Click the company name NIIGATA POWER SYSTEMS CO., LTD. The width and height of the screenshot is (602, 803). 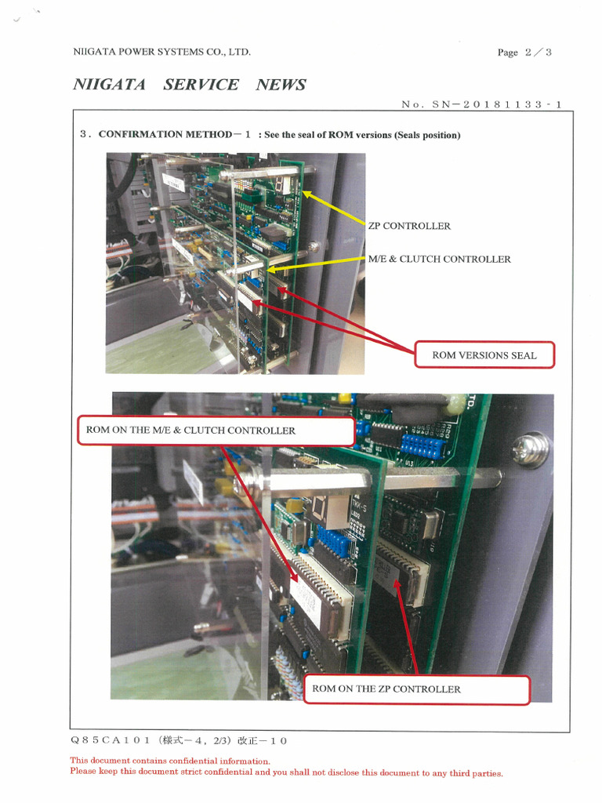[161, 52]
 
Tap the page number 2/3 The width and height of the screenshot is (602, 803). [539, 53]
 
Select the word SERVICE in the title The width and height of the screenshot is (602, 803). [201, 85]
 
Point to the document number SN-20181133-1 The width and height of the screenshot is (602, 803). [496, 104]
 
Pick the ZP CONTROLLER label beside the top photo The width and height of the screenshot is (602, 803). [409, 226]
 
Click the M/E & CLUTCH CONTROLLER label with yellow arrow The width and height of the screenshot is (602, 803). [439, 259]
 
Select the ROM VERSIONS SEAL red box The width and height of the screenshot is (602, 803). [484, 355]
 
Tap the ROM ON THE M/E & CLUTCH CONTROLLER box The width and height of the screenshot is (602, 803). [216, 431]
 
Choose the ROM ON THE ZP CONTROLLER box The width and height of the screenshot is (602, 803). [417, 689]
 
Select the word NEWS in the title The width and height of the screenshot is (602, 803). [281, 85]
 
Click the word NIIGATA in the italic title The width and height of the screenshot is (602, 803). [110, 85]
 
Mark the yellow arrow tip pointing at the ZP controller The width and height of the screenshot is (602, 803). [303, 192]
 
